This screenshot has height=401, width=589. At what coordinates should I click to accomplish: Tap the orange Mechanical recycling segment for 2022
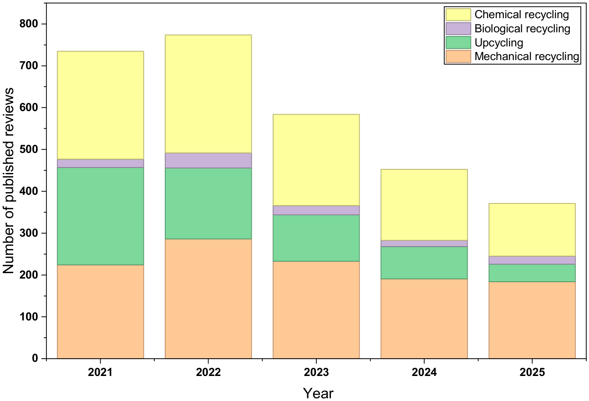coord(208,299)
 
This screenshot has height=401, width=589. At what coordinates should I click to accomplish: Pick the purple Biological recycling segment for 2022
coord(208,161)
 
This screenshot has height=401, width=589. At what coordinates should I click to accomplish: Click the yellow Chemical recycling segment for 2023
coord(316,160)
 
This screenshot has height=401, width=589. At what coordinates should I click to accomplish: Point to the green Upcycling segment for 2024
coord(424,263)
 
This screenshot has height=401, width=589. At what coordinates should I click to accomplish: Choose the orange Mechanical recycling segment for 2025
coord(532,320)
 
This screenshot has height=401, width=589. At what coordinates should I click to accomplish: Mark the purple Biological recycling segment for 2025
coord(532,260)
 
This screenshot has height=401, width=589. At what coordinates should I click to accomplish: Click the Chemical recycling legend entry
coord(522,15)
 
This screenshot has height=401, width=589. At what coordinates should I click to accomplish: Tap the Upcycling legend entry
coord(499,43)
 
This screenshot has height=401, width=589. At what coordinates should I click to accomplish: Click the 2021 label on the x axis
coord(100,372)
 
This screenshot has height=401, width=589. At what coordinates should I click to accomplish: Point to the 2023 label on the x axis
coord(316,372)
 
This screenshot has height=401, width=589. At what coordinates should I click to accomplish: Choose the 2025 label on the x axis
coord(532,372)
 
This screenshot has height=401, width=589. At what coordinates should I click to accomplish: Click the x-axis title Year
coord(318,392)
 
